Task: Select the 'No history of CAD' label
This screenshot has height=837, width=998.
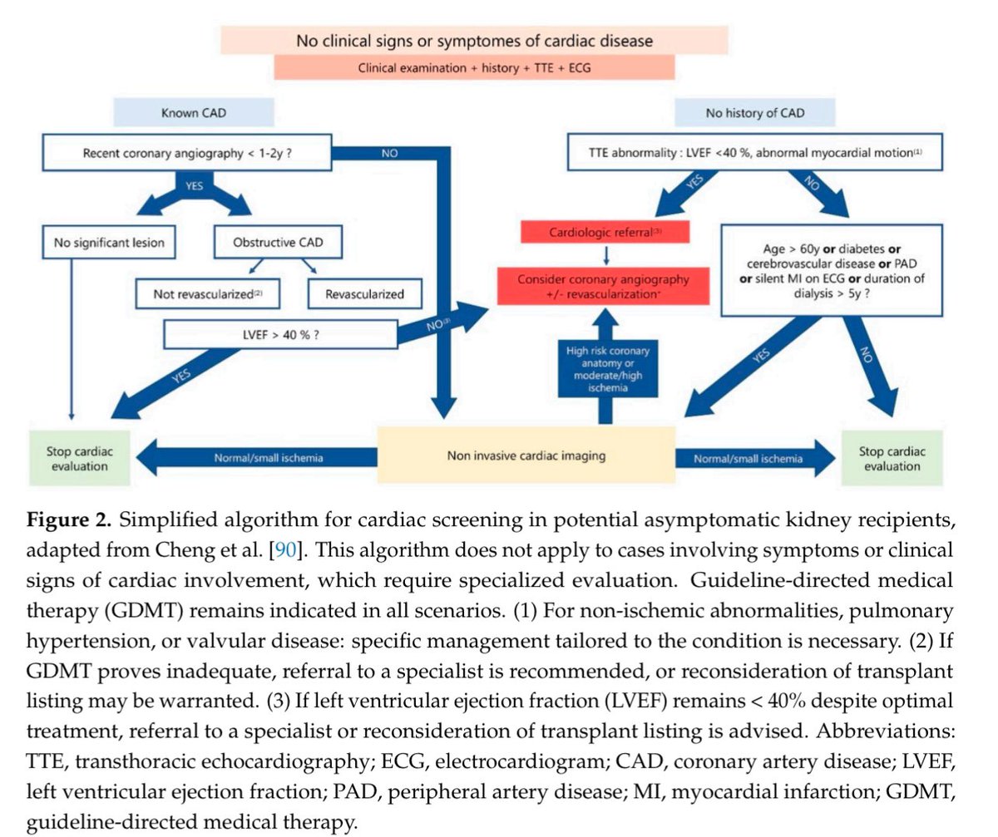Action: point(756,112)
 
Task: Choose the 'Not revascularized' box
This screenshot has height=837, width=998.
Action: point(208,293)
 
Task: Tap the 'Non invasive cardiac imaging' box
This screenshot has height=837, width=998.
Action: point(526,455)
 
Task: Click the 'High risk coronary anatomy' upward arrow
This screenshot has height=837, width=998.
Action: point(605,369)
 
